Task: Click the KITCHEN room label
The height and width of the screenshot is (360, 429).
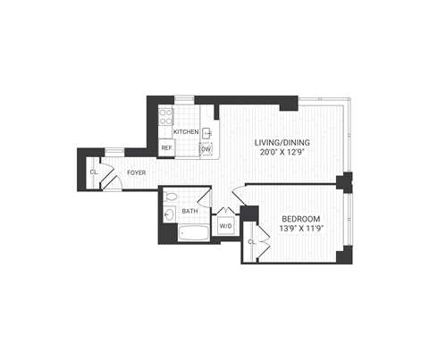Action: (x=186, y=132)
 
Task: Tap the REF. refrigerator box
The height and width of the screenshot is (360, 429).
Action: (x=167, y=148)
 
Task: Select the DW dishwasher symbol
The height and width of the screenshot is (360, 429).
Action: (x=206, y=149)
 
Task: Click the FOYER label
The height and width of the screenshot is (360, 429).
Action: (x=136, y=172)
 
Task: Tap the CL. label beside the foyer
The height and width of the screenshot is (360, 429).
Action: (x=94, y=172)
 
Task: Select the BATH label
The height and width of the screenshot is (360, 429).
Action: (x=190, y=212)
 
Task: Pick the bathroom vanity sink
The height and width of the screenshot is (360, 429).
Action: (x=169, y=214)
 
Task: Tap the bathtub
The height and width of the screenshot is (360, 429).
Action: (x=192, y=234)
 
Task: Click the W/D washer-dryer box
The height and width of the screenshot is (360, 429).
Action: (x=226, y=227)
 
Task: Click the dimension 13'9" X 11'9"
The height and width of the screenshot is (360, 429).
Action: (x=301, y=230)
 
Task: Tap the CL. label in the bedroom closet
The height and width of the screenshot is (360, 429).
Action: (x=252, y=241)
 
